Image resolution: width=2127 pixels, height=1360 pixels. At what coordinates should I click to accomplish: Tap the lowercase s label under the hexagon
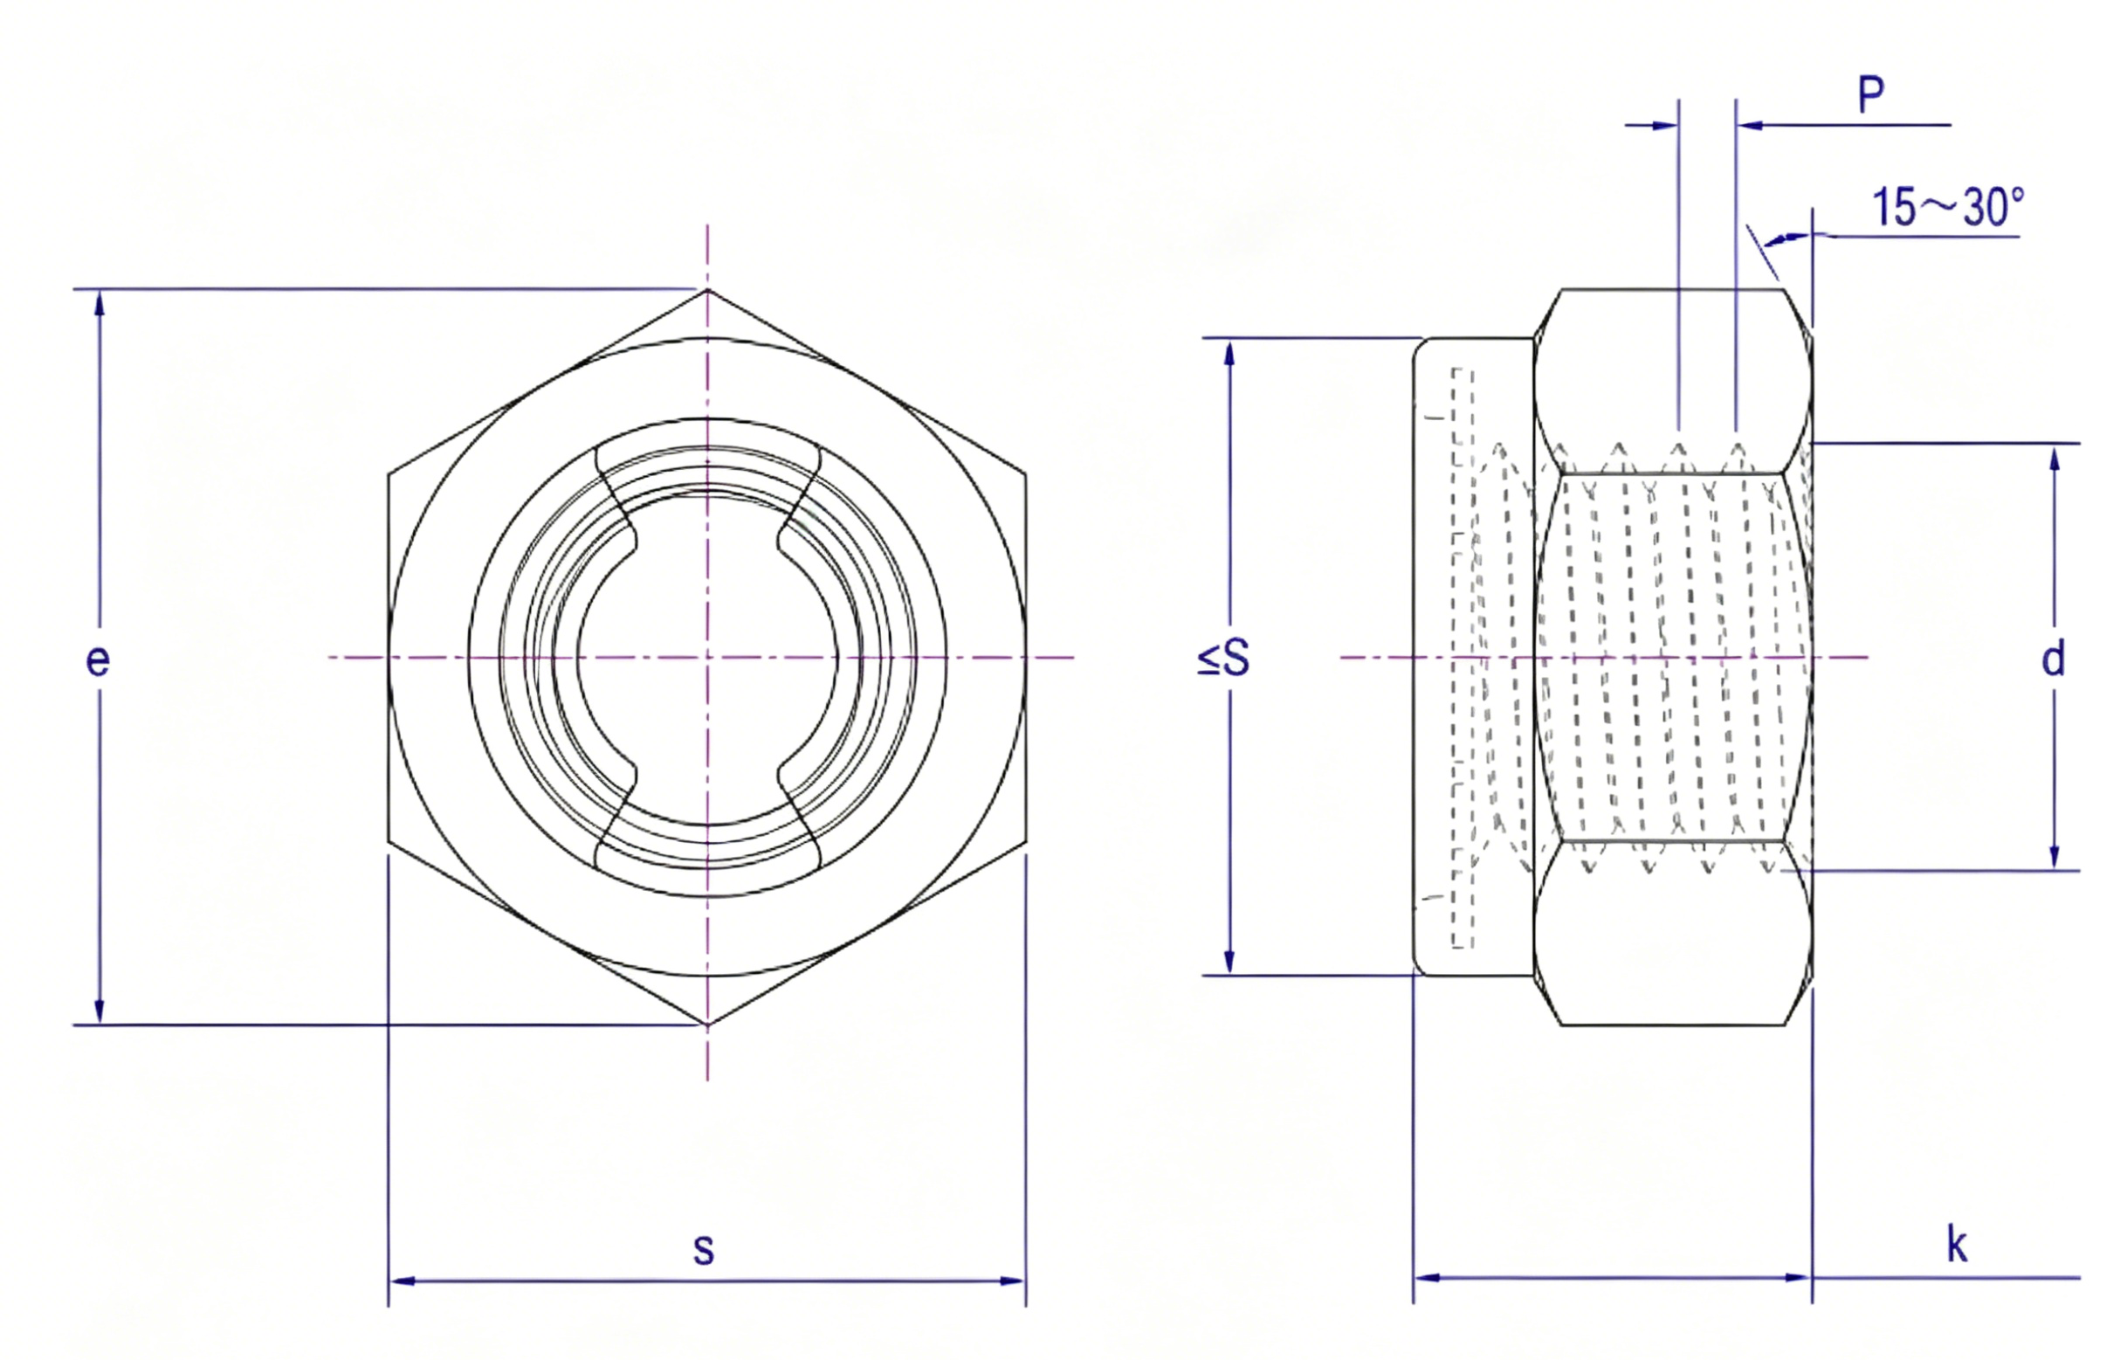703,1249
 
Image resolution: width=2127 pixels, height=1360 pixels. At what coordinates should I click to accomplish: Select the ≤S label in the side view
1224,659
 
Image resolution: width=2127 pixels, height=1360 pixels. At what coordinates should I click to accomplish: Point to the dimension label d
2054,659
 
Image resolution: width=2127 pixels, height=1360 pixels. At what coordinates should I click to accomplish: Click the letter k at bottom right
1958,1245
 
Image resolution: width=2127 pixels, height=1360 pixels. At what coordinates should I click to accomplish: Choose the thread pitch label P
1871,94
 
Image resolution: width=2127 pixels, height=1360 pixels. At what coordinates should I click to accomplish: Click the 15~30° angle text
1948,209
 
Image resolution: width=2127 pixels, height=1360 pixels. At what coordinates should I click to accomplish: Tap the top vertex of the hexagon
707,289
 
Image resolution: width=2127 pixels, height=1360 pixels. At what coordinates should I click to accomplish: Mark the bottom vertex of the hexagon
707,1025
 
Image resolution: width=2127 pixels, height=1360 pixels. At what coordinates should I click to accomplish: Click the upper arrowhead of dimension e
99,302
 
